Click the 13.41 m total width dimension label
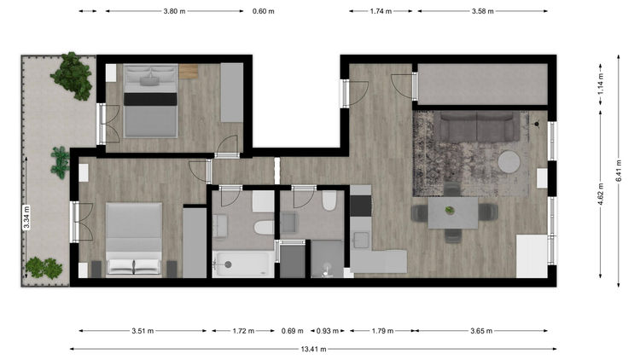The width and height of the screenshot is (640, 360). point(313,349)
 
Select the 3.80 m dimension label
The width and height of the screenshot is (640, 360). point(174,11)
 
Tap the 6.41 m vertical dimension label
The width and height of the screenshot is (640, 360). point(619,171)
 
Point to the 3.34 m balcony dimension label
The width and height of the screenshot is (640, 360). point(26,218)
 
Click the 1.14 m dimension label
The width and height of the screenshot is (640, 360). point(601,84)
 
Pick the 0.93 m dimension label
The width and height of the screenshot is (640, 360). point(328,331)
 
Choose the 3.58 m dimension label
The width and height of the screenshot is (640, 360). point(483,11)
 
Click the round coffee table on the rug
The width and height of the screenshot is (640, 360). point(509,162)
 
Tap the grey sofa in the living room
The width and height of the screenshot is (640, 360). point(477,126)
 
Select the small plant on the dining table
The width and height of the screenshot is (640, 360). point(450,210)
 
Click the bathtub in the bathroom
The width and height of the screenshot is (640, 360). point(243,264)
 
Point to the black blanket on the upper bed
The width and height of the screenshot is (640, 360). point(150,99)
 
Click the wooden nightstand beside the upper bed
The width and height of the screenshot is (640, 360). point(189,72)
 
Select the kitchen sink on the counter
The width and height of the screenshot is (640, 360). point(361,240)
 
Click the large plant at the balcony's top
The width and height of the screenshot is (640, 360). point(73,76)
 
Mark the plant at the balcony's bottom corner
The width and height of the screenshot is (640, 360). point(44,268)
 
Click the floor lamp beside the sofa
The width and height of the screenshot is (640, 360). point(537,123)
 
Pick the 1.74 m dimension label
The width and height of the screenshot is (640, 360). point(381,11)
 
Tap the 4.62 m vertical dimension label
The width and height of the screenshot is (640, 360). point(601,195)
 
